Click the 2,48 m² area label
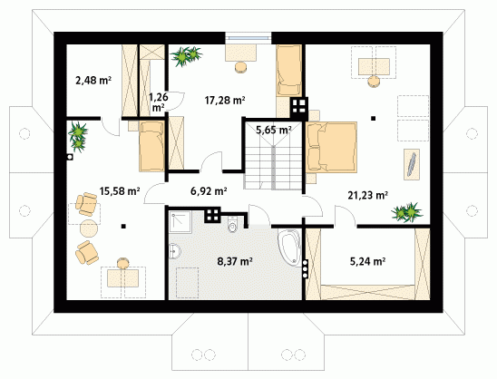click(x=93, y=80)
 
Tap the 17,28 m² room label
click(x=225, y=101)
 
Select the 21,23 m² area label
click(x=367, y=195)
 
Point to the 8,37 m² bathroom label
click(x=235, y=261)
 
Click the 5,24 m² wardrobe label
click(x=367, y=261)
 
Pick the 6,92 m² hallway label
click(x=209, y=191)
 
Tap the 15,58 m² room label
click(x=120, y=191)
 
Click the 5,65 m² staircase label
click(x=274, y=130)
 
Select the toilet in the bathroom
click(x=232, y=225)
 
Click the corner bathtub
click(x=289, y=247)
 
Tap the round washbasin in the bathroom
click(x=174, y=251)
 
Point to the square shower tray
click(x=180, y=222)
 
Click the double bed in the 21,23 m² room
click(x=331, y=147)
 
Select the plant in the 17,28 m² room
click(x=186, y=56)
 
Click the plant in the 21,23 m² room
click(x=407, y=211)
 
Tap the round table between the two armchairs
click(x=89, y=228)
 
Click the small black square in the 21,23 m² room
click(x=374, y=119)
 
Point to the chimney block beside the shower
click(x=212, y=215)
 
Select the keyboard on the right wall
click(x=412, y=164)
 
